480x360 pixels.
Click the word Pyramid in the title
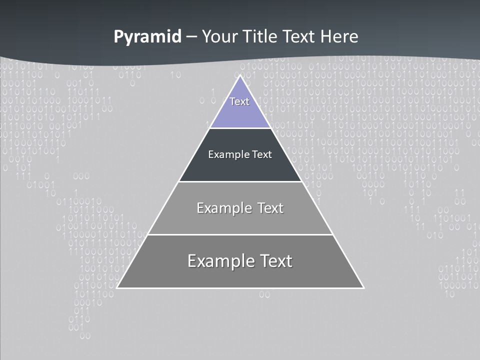point(147,37)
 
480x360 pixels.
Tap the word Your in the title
point(218,36)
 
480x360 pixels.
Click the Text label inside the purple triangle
point(239,101)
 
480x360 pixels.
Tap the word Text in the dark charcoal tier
point(262,154)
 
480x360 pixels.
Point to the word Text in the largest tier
point(274,261)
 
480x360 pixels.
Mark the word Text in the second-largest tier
point(270,208)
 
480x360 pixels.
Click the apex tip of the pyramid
point(240,76)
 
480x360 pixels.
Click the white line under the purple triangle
point(240,128)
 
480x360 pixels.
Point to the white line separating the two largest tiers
point(240,234)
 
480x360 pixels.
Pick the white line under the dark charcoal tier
point(240,181)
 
